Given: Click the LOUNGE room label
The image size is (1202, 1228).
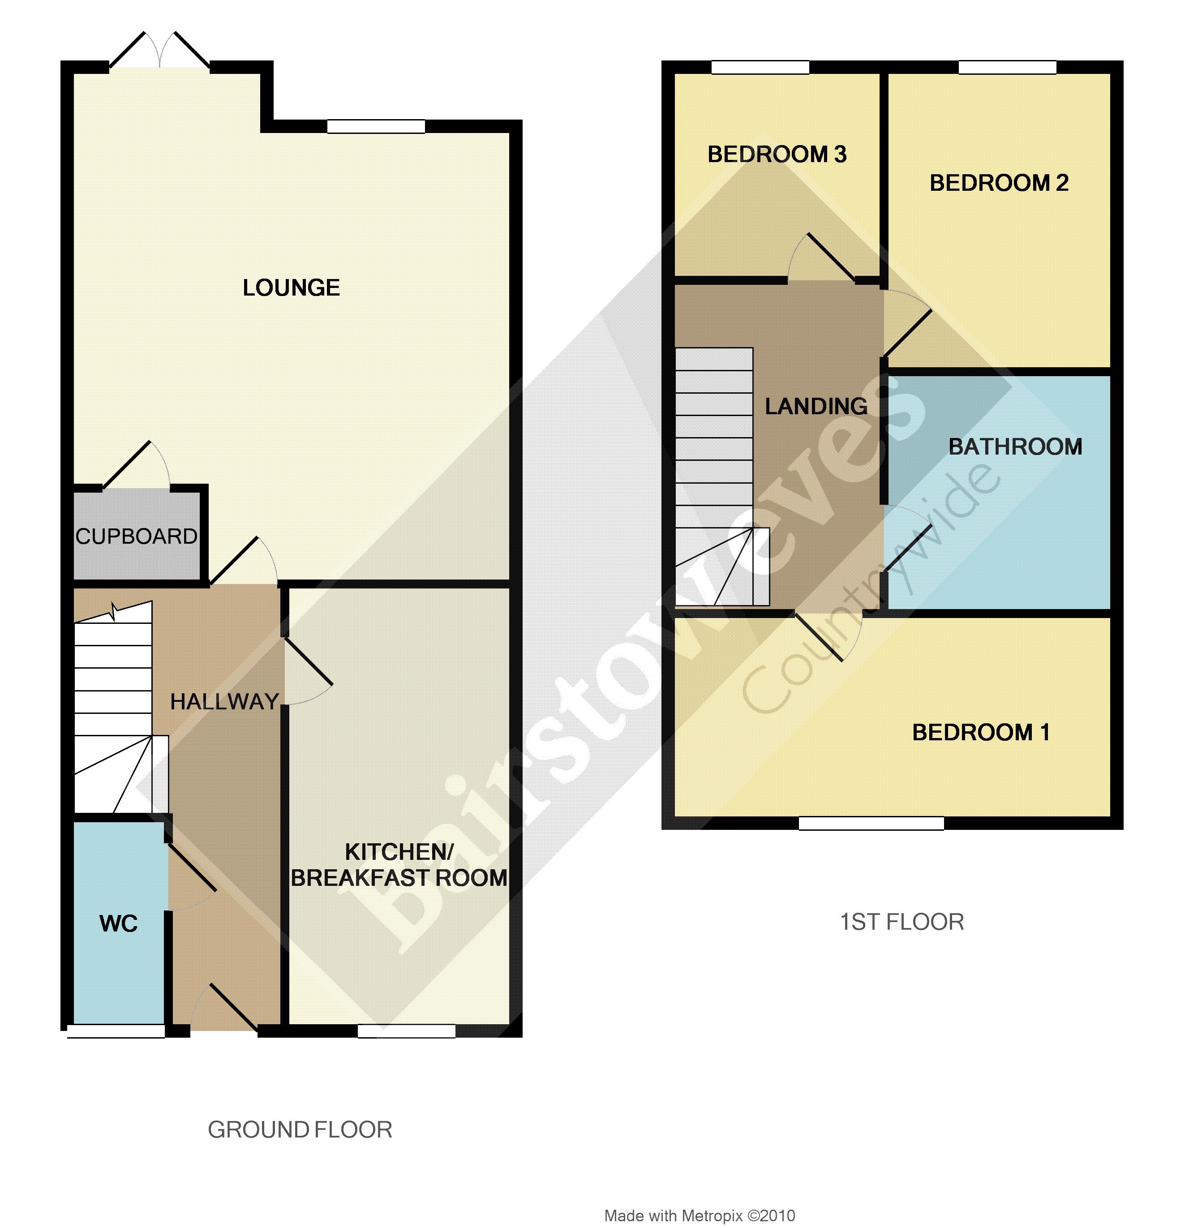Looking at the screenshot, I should click(x=291, y=288).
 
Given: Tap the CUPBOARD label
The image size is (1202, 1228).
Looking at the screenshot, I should click(x=136, y=536).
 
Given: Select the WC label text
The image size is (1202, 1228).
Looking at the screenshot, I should click(x=118, y=923).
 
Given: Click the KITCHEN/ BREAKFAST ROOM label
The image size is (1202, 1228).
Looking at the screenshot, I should click(x=399, y=865).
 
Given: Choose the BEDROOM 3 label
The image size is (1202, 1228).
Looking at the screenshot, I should click(x=777, y=154).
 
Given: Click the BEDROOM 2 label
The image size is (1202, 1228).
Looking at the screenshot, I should click(x=999, y=183).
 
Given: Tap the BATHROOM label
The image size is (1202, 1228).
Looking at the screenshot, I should click(x=1015, y=447).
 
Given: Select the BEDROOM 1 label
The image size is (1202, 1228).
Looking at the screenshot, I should click(x=980, y=732).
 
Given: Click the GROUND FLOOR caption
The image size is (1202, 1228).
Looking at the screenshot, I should click(x=300, y=1129).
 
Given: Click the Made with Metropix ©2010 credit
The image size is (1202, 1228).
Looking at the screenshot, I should click(x=700, y=1215).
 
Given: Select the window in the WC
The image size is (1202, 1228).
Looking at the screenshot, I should click(x=116, y=1031).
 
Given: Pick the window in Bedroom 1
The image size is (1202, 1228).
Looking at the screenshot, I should click(x=871, y=823).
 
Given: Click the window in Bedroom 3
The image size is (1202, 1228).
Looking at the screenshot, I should click(x=760, y=67).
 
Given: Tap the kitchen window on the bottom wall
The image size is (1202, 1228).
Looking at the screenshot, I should click(x=407, y=1031).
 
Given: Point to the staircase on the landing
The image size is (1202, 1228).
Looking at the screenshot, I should click(x=715, y=473).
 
